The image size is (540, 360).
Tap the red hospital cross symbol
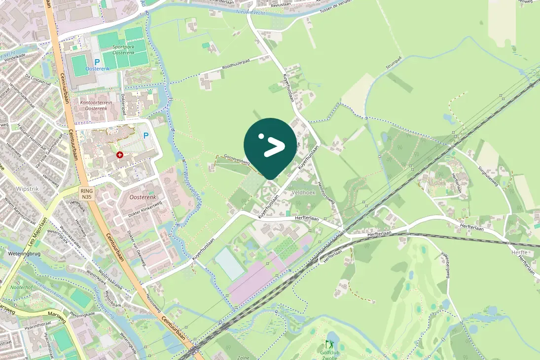tap(119, 155)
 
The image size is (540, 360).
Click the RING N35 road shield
tap(87, 193)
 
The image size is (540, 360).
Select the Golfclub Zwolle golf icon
tap(329, 344)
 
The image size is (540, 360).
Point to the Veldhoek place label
tap(304, 192)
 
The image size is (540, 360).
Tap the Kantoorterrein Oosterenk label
tap(96, 105)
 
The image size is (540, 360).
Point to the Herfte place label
tap(520, 252)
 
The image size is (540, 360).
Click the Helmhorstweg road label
tap(326, 193)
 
